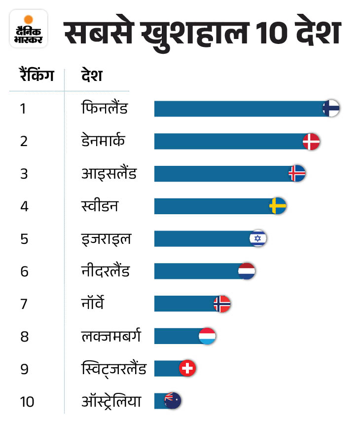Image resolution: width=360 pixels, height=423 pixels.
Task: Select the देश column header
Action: [x=92, y=76]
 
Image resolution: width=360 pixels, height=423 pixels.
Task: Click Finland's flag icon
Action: [x=331, y=109]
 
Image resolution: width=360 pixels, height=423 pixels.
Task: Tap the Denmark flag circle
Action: [x=311, y=142]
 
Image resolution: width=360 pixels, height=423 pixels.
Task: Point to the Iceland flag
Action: [x=297, y=173]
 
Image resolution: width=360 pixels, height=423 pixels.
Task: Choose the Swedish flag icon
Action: [x=278, y=206]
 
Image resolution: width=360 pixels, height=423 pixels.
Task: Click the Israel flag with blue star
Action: [x=258, y=238]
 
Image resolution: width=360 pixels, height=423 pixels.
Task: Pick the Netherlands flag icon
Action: [x=247, y=271]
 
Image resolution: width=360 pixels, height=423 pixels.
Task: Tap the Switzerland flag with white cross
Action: [x=187, y=368]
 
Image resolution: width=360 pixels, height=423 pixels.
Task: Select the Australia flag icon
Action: [x=173, y=400]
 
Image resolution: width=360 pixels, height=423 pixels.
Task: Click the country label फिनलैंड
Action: [x=105, y=108]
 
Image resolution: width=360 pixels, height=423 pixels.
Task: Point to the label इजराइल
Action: [x=106, y=239]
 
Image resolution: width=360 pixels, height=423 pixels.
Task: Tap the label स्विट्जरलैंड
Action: [x=113, y=369]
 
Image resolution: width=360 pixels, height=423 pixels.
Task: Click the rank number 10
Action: [x=27, y=402]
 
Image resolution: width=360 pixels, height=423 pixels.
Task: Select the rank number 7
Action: [x=24, y=304]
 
